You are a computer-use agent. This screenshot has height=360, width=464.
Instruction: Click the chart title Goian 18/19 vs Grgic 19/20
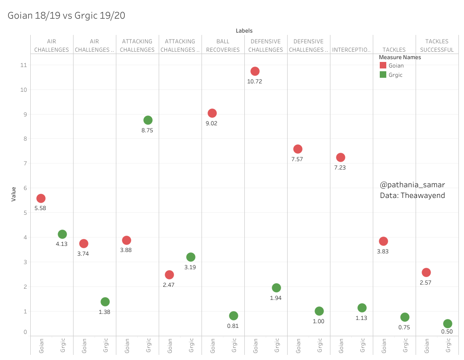[67, 15]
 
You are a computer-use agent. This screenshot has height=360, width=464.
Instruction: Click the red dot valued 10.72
[255, 71]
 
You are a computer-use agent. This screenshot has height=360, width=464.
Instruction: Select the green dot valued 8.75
[148, 120]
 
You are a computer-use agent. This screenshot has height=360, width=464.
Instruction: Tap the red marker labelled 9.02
[212, 113]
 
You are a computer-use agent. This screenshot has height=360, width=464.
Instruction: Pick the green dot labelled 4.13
[62, 234]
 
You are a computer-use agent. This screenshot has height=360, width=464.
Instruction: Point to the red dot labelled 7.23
[340, 157]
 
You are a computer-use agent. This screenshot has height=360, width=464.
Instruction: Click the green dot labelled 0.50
[448, 324]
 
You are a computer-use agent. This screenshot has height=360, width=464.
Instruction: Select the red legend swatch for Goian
[383, 66]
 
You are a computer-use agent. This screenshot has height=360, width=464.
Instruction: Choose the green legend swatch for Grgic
[383, 75]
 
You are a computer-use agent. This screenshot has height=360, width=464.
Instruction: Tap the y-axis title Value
[14, 194]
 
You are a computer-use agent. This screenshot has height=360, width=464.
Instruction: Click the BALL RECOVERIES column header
[223, 46]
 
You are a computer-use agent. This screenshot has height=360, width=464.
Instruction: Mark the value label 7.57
[298, 159]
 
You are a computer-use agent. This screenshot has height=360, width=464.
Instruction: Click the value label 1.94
[276, 298]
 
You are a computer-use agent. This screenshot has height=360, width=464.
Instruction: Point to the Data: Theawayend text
[412, 196]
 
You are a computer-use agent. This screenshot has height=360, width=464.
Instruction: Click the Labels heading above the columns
[244, 31]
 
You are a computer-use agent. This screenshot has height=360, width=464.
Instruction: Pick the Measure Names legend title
[400, 57]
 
